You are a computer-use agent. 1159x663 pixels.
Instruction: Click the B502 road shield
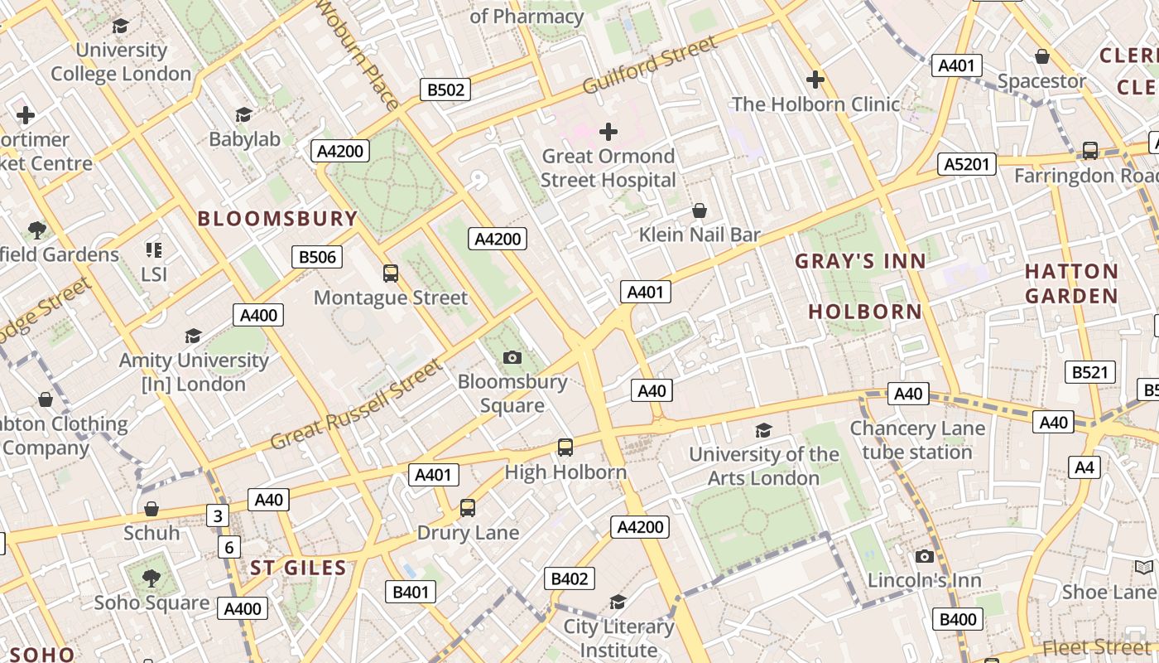coord(445,90)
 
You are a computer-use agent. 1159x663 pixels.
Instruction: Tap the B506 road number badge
coord(317,257)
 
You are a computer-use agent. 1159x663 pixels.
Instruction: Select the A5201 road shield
coord(967,164)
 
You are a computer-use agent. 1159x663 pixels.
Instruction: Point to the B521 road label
coord(1089,372)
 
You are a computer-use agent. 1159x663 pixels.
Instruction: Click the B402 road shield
coord(569,578)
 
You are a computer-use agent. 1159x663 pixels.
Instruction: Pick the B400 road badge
coord(959,619)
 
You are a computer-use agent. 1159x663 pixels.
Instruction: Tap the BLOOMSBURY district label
coord(277,219)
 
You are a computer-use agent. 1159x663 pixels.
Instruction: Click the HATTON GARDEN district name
coord(1071,283)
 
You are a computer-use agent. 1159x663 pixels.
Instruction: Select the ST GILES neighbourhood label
coord(298,568)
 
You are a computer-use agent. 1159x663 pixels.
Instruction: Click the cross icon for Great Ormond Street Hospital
coord(608,132)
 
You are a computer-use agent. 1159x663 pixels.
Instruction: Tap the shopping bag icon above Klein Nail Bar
coord(700,211)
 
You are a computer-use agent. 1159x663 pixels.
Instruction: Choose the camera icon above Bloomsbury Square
coord(512,357)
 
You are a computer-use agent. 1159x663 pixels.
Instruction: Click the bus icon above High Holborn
coord(565,448)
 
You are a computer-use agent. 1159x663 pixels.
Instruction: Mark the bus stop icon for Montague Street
coord(391,273)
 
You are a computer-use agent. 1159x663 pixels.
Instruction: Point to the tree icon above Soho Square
coord(151,578)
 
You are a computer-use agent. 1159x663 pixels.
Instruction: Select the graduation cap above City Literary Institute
coord(618,602)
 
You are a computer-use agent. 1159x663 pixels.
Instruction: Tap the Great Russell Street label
coord(357,404)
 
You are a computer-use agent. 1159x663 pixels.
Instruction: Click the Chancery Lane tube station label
coord(917,440)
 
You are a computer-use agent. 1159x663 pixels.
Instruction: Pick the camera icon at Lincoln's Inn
coord(925,556)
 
